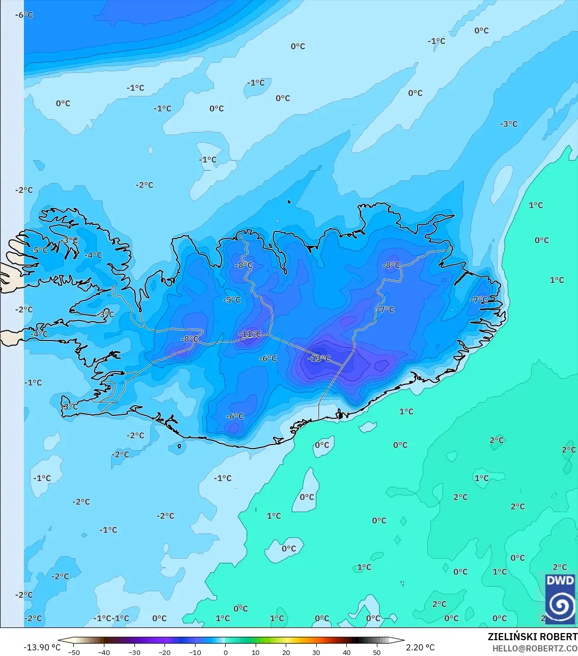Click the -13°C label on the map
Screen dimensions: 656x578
pyautogui.click(x=319, y=358)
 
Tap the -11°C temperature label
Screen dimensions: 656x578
pyautogui.click(x=250, y=334)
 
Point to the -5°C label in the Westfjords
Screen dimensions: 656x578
pyautogui.click(x=39, y=250)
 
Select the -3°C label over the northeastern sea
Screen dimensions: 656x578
pyautogui.click(x=508, y=124)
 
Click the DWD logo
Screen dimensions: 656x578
pyautogui.click(x=560, y=598)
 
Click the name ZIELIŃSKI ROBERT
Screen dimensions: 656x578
pyautogui.click(x=532, y=637)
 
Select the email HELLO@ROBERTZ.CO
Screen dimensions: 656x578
pyautogui.click(x=535, y=648)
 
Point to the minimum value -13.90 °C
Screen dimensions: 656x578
pyautogui.click(x=42, y=647)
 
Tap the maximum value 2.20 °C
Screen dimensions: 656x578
pyautogui.click(x=420, y=647)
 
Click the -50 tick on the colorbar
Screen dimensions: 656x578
pyautogui.click(x=74, y=652)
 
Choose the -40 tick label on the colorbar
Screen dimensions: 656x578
pyautogui.click(x=104, y=652)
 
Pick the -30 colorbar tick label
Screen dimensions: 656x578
pyautogui.click(x=134, y=652)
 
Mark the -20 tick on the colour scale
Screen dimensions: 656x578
pyautogui.click(x=164, y=652)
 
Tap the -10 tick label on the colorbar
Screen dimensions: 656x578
pyautogui.click(x=195, y=652)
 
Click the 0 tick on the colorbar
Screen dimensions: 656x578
pyautogui.click(x=226, y=652)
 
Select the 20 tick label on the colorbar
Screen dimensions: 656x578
pyautogui.click(x=286, y=652)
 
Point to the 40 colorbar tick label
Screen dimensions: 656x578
pyautogui.click(x=347, y=652)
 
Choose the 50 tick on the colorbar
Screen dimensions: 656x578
pyautogui.click(x=377, y=652)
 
